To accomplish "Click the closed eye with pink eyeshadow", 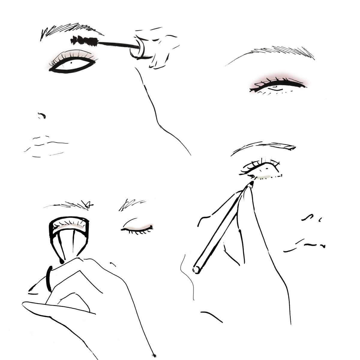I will coord(277,84).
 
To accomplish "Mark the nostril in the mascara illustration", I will coord(41,115).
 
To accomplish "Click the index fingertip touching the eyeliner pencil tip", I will coord(249,187).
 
